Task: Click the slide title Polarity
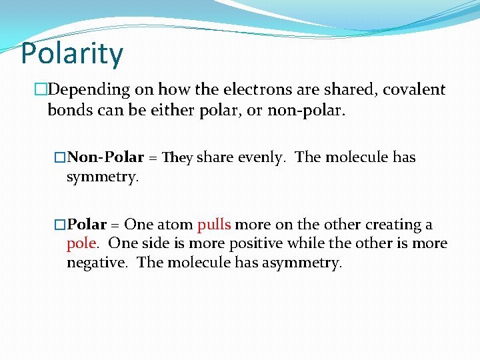point(72,53)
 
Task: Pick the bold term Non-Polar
point(105,157)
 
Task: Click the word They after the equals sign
point(177,157)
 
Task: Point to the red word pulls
point(214,225)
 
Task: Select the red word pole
point(82,243)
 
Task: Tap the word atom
point(176,225)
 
